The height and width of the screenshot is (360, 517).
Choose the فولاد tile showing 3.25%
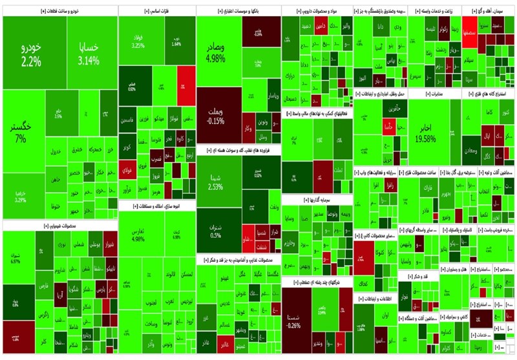click(x=138, y=41)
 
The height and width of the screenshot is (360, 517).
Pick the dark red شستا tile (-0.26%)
click(x=295, y=321)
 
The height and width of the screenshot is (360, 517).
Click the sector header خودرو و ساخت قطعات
click(x=58, y=11)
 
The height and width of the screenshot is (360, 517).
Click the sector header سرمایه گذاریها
click(x=317, y=200)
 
